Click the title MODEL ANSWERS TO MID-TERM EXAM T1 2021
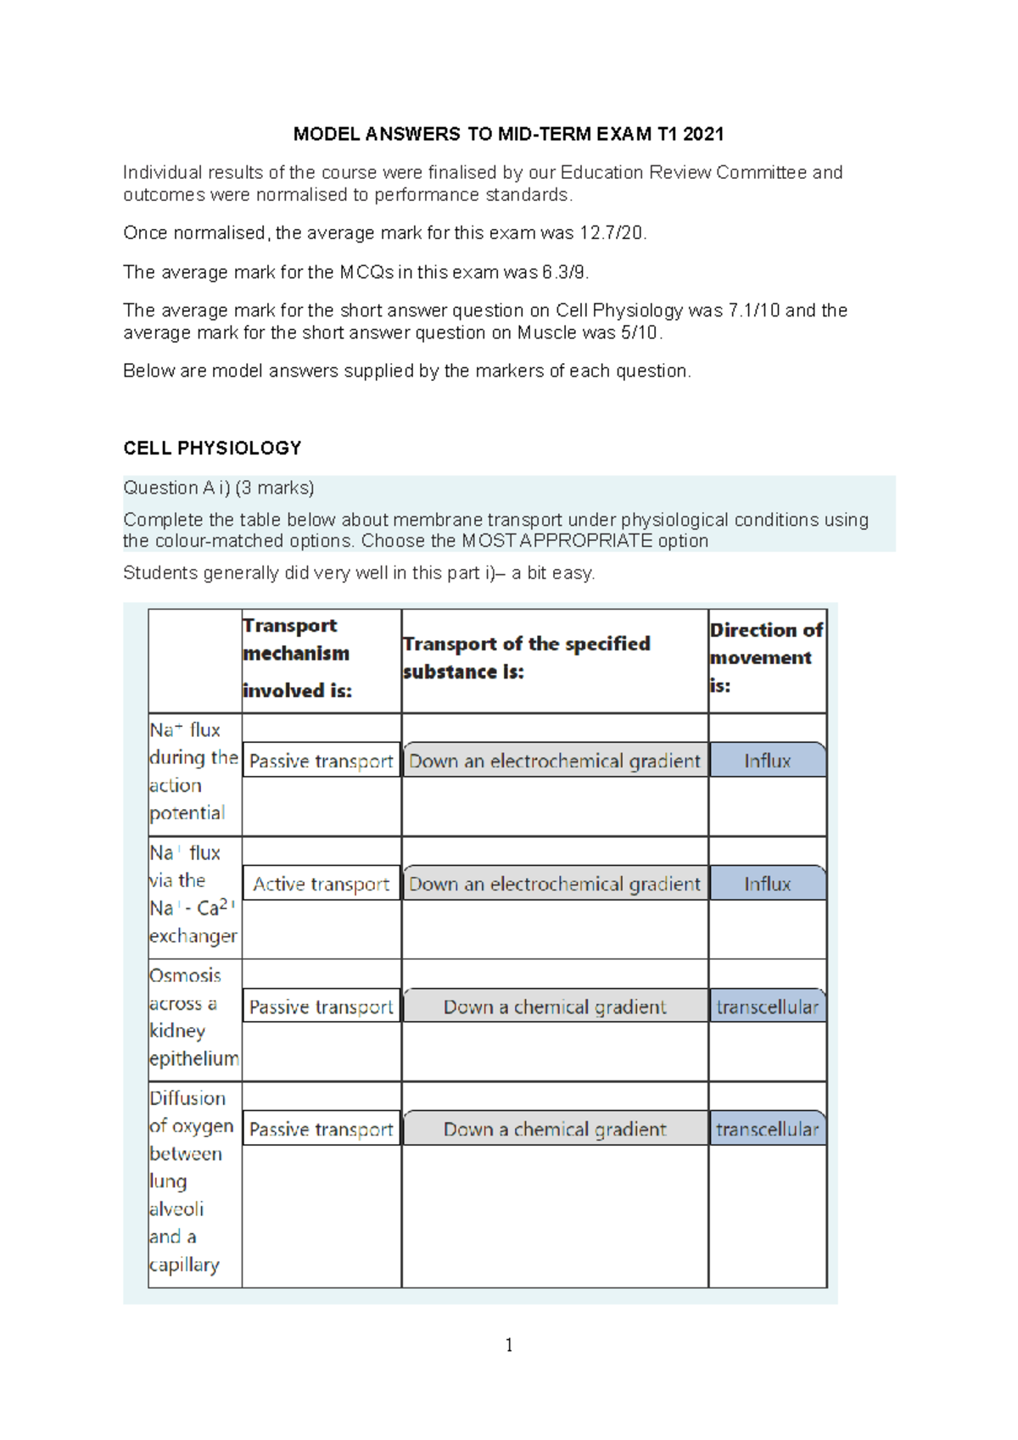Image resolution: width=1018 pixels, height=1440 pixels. pos(508,134)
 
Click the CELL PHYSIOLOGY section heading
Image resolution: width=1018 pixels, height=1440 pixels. pos(212,448)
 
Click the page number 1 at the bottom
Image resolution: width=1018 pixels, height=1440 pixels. pos(508,1345)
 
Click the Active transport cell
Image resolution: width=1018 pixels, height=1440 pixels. pos(321,884)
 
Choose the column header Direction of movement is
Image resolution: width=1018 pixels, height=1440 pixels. pos(766,657)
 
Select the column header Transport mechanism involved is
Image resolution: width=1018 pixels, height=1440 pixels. pos(297,658)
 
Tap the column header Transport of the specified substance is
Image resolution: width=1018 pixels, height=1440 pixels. pos(526,657)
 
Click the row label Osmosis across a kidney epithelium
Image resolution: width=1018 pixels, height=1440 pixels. pos(193,1017)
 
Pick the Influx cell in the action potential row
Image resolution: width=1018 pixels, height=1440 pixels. pos(767,761)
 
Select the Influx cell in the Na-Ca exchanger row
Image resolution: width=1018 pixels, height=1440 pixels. pos(767,884)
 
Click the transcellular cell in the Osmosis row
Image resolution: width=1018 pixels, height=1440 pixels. pos(767,1007)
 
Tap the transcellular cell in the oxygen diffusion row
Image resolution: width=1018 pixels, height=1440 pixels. pos(767,1130)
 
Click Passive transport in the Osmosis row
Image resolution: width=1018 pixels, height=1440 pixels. pos(321,1007)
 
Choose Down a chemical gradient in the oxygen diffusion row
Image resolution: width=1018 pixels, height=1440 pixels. pos(555,1130)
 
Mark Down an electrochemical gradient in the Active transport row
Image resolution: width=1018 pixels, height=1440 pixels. pos(555,884)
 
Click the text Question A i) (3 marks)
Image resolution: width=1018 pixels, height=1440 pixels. pos(219,488)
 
